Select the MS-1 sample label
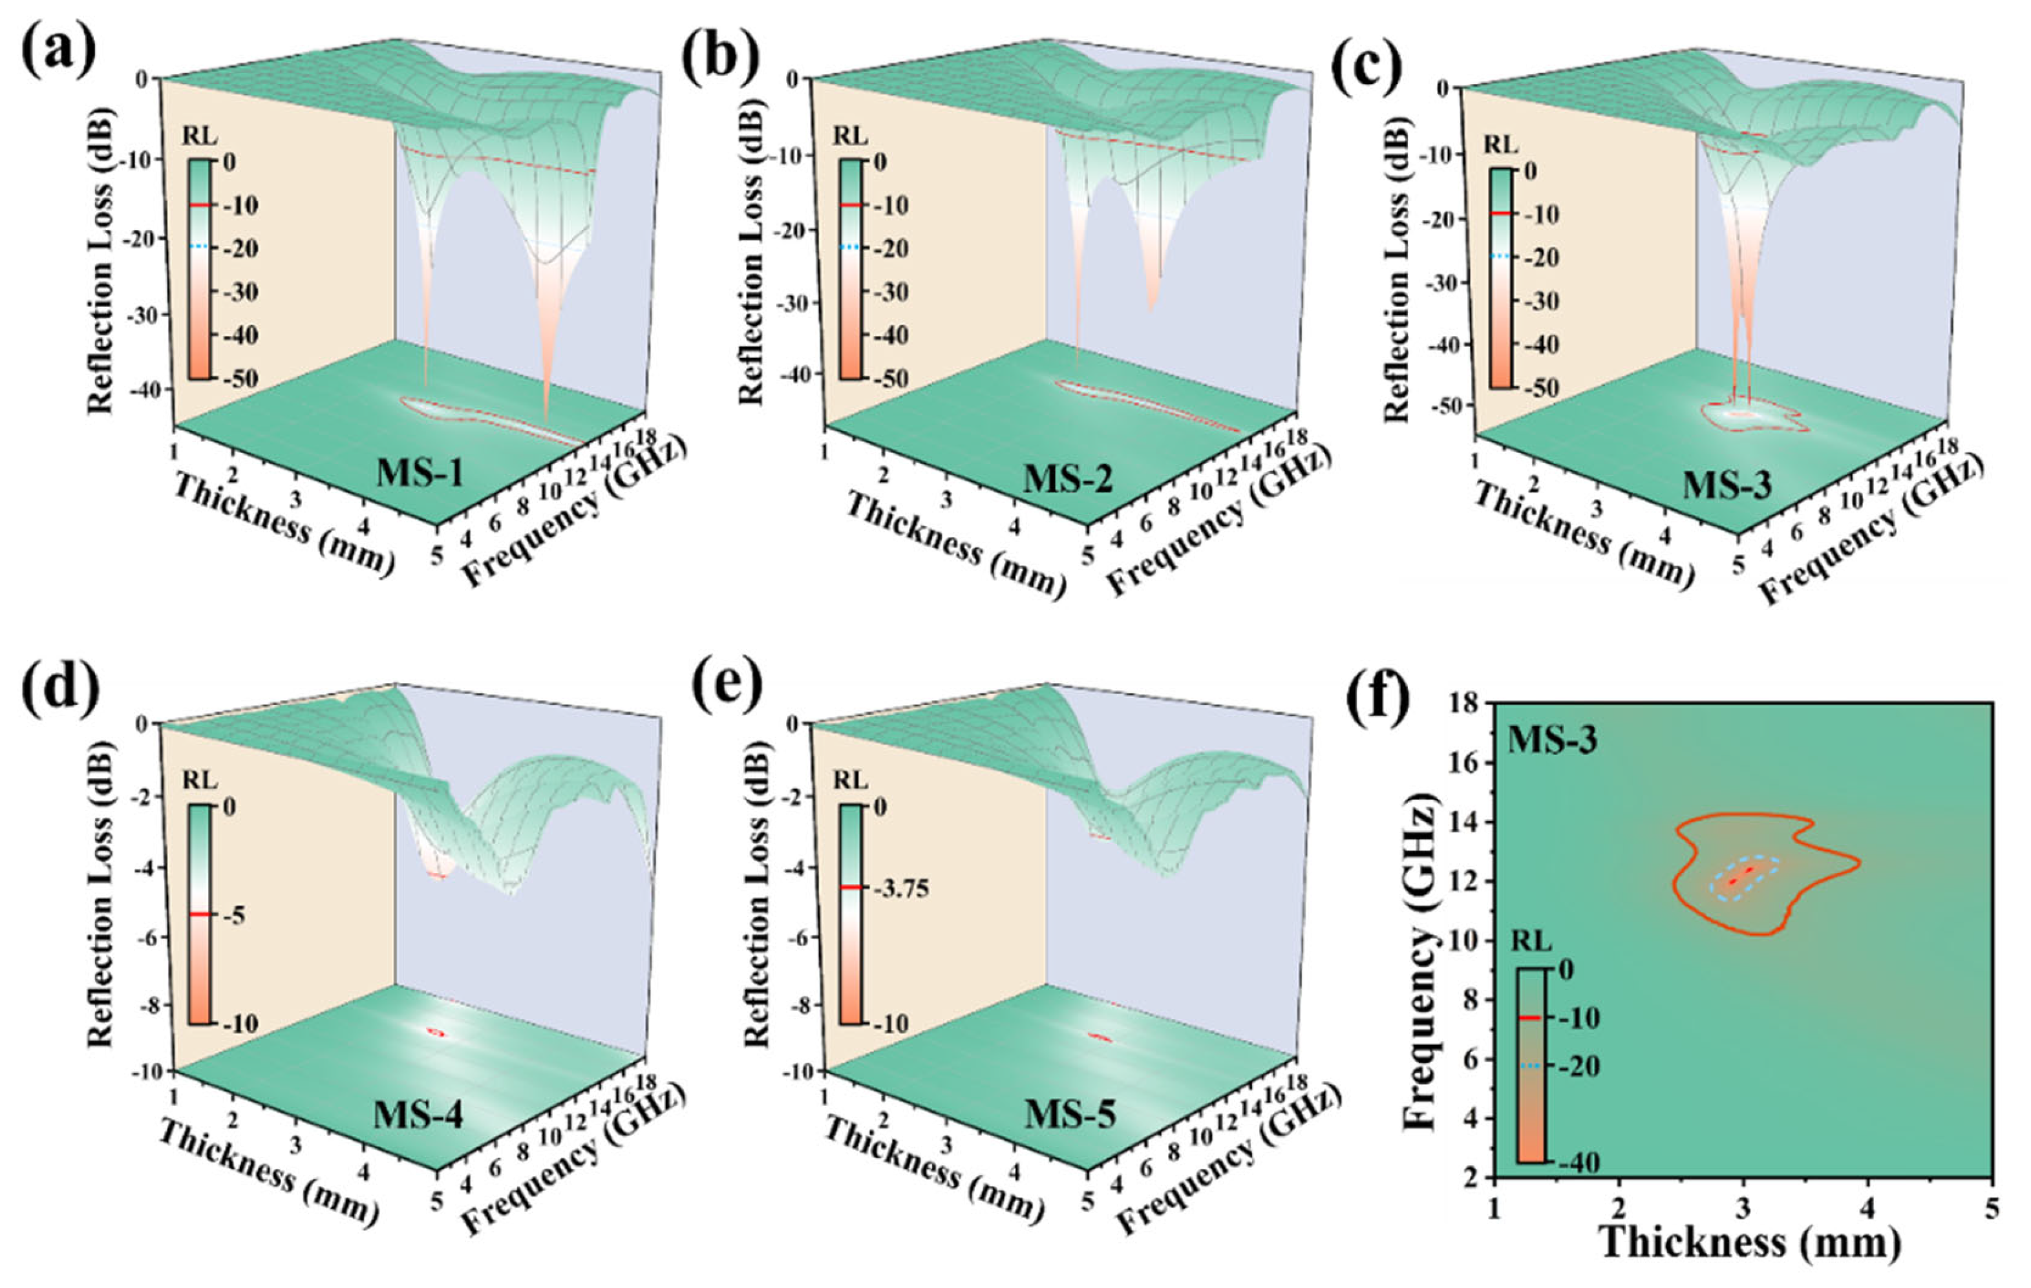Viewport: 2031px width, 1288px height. [x=419, y=472]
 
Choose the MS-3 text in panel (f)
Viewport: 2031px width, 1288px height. [x=1552, y=740]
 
